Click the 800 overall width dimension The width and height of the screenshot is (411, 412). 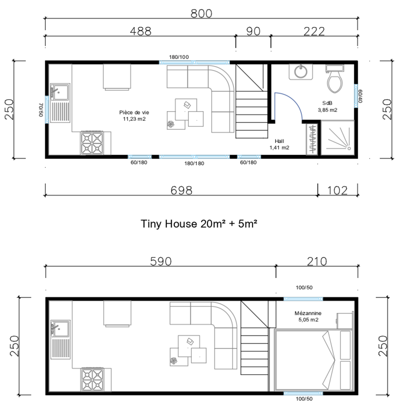point(201,14)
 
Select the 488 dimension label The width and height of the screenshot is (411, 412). point(141,31)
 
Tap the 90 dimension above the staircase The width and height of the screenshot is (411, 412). point(253,31)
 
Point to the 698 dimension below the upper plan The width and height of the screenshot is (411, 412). point(181,190)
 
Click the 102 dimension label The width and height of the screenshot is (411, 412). point(336,190)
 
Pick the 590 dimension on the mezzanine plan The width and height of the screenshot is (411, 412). point(161,261)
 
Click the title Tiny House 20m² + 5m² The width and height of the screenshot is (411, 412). point(199,223)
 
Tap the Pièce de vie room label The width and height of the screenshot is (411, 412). point(134,115)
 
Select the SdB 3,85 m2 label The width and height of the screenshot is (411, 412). point(327,106)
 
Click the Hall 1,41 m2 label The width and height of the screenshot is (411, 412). point(279,145)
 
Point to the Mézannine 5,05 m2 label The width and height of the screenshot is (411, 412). point(308,316)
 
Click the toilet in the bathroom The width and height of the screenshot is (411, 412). point(335,80)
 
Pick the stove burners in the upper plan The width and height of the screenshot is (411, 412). point(92,143)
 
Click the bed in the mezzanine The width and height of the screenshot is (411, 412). point(311,360)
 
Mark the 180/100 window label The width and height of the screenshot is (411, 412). point(179,57)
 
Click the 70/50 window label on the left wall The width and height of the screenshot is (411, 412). point(41,110)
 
